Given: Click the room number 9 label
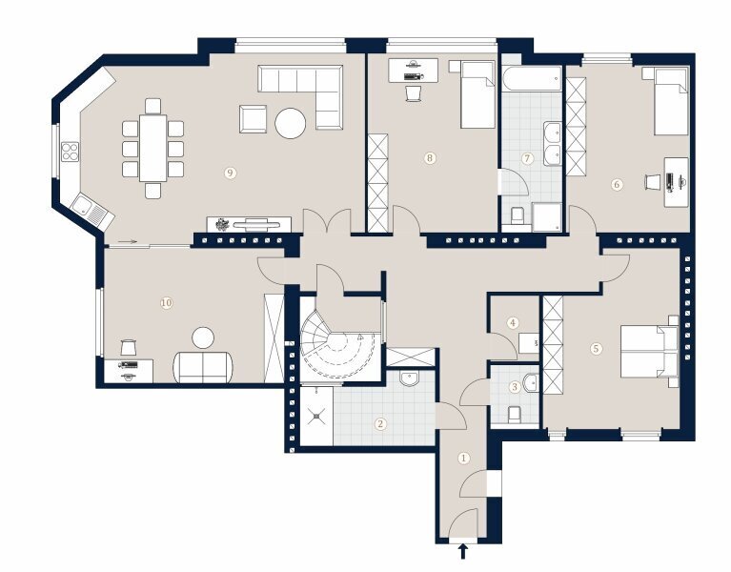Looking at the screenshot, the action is pyautogui.click(x=230, y=173).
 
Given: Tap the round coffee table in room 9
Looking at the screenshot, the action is pyautogui.click(x=291, y=123).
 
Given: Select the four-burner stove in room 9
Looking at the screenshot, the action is pyautogui.click(x=70, y=152).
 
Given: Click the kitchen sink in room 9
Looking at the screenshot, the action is pyautogui.click(x=91, y=211).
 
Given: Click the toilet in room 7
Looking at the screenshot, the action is pyautogui.click(x=517, y=216).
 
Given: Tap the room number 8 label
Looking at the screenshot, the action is pyautogui.click(x=430, y=158).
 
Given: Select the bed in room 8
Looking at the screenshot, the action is pyautogui.click(x=477, y=94).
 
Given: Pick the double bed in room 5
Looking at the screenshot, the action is pyautogui.click(x=649, y=351).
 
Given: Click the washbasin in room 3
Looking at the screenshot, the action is pyautogui.click(x=531, y=382).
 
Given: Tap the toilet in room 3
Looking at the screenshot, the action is pyautogui.click(x=514, y=415).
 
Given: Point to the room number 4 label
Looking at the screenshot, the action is pyautogui.click(x=513, y=322).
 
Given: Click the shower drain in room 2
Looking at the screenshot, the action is pyautogui.click(x=317, y=416).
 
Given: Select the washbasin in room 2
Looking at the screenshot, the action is pyautogui.click(x=410, y=378).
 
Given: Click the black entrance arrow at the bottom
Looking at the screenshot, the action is pyautogui.click(x=463, y=551).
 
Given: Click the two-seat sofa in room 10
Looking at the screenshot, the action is pyautogui.click(x=203, y=367).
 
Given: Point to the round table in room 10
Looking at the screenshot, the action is pyautogui.click(x=203, y=338).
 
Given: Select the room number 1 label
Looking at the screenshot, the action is pyautogui.click(x=463, y=459).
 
